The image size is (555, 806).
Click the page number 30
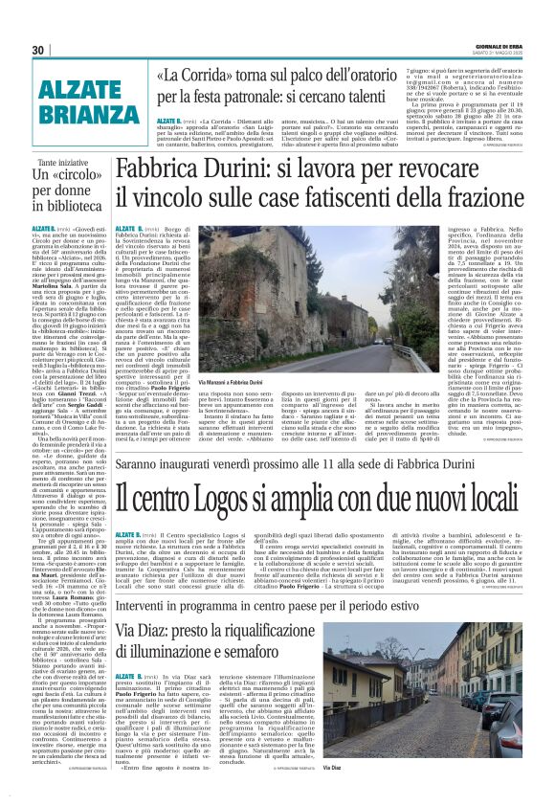point(38,51)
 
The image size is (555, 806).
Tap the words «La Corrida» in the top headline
point(198,74)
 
